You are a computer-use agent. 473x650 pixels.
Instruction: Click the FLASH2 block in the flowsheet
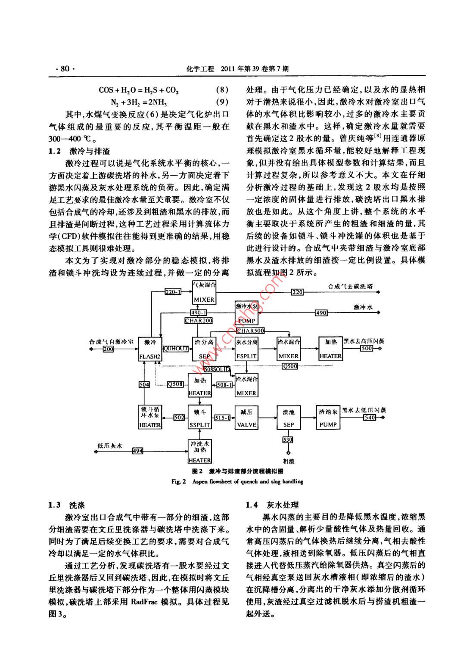tap(150, 349)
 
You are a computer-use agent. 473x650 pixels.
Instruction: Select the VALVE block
tap(246, 418)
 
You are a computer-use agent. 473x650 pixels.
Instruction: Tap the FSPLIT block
tap(246, 349)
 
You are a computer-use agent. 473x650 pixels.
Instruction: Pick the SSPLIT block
tap(199, 418)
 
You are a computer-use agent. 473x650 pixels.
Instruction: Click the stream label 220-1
tap(174, 292)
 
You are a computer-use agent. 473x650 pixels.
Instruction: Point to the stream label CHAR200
tap(199, 321)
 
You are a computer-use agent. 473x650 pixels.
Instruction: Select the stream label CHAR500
tap(250, 331)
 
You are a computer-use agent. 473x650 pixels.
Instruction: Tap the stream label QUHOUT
tap(175, 349)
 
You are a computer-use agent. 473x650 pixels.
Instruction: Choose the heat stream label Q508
tap(175, 384)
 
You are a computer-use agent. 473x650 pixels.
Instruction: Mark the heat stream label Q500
tap(290, 366)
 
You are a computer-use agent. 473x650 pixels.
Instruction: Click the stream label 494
tap(137, 451)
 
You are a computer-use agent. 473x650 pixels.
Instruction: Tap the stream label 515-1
tap(222, 418)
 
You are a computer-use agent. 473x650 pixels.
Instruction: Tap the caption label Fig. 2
tap(178, 481)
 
